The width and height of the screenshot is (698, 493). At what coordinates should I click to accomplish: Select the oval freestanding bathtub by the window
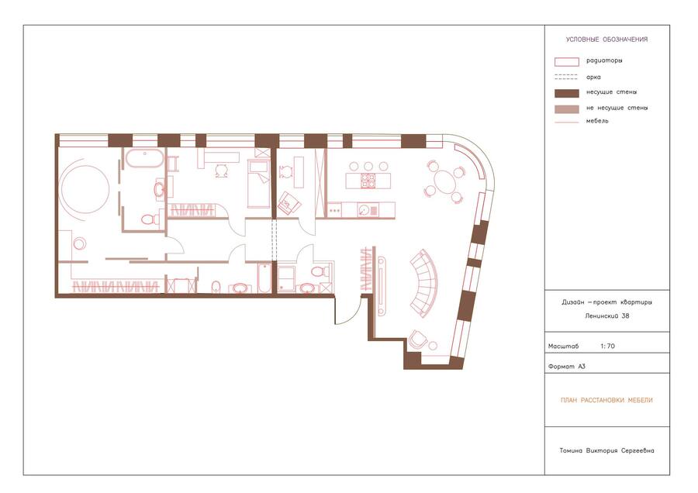pyautogui.click(x=144, y=158)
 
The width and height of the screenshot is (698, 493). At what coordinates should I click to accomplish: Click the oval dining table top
pyautogui.click(x=444, y=181)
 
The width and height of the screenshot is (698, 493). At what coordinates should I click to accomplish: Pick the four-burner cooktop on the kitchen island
pyautogui.click(x=368, y=181)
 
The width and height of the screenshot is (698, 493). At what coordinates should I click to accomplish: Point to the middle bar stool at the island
pyautogui.click(x=368, y=166)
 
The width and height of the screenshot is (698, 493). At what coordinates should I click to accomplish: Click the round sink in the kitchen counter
pyautogui.click(x=364, y=210)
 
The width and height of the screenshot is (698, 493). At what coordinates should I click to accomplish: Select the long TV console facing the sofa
pyautogui.click(x=381, y=286)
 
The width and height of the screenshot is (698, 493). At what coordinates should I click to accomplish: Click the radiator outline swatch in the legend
pyautogui.click(x=567, y=62)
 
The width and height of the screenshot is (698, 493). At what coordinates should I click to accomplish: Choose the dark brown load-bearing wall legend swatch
pyautogui.click(x=567, y=93)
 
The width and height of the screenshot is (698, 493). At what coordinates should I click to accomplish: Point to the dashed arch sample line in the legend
pyautogui.click(x=567, y=77)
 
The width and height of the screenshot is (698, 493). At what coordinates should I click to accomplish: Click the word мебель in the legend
pyautogui.click(x=597, y=121)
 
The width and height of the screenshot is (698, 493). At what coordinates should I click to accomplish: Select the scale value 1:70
pyautogui.click(x=607, y=346)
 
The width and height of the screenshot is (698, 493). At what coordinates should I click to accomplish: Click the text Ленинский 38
pyautogui.click(x=607, y=316)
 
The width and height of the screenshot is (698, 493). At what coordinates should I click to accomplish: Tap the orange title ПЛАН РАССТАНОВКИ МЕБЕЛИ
pyautogui.click(x=606, y=400)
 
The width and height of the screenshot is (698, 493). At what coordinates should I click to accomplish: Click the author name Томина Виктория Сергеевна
pyautogui.click(x=606, y=450)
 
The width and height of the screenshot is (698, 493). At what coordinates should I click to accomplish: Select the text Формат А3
pyautogui.click(x=567, y=367)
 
